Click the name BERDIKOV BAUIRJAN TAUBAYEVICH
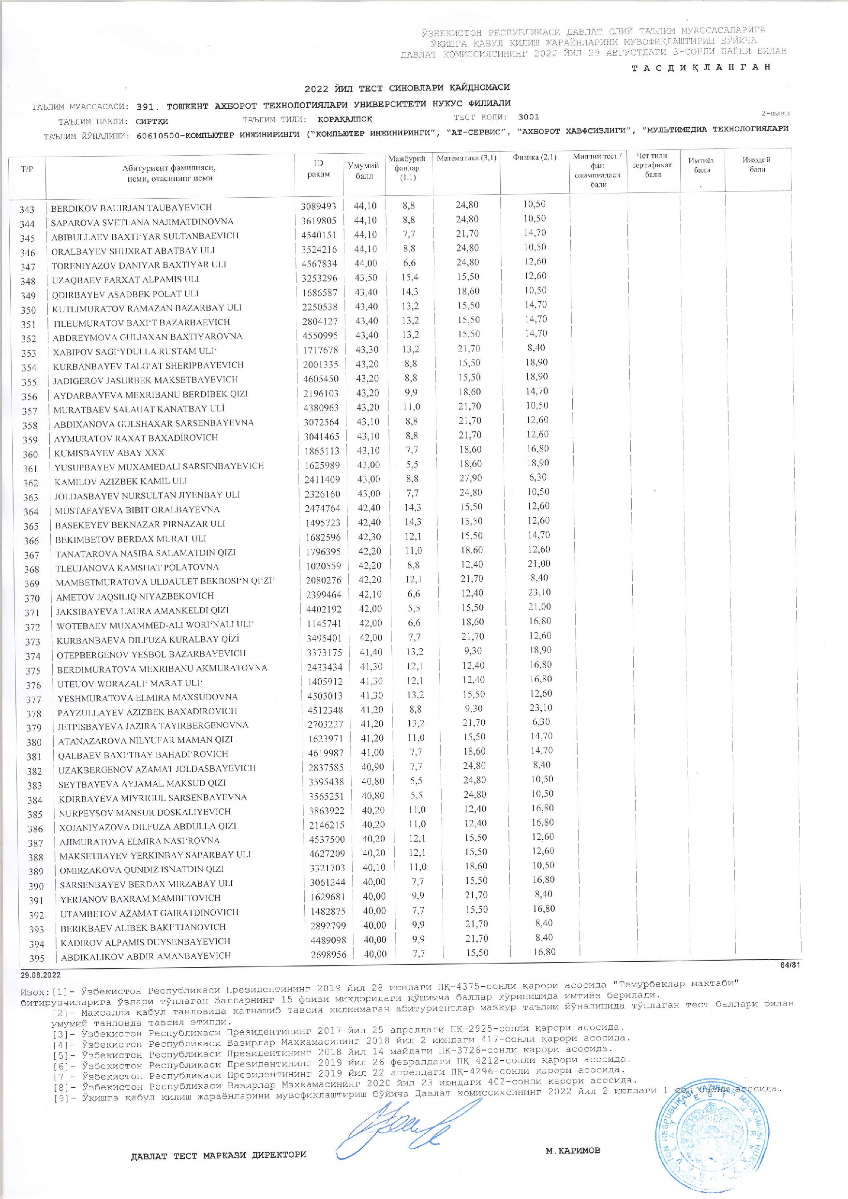coord(131,207)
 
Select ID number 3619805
coord(319,221)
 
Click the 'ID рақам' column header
coord(319,169)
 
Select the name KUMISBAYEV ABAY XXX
coord(109,453)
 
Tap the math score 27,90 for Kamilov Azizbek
coord(467,479)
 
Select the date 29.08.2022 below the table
coord(41,975)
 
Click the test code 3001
coord(528,117)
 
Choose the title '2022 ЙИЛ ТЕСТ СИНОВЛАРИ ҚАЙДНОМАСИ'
coord(407,87)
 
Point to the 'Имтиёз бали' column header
coord(702,165)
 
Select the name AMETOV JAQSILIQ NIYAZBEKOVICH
coord(135,596)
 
